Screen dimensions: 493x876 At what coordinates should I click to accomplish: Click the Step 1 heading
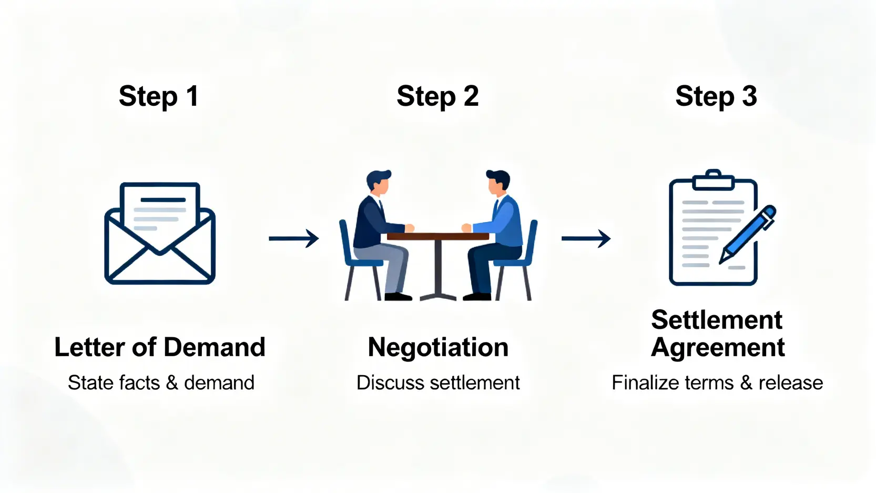pyautogui.click(x=158, y=96)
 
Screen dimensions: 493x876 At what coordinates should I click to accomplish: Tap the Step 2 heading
pyautogui.click(x=437, y=96)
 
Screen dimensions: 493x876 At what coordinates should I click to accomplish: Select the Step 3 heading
pyautogui.click(x=716, y=96)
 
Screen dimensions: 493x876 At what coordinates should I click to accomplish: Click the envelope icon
pyautogui.click(x=160, y=234)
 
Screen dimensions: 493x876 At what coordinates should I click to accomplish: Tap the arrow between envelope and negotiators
pyautogui.click(x=293, y=238)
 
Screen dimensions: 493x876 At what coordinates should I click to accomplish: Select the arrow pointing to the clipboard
pyautogui.click(x=586, y=238)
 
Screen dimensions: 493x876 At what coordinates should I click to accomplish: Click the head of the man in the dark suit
pyautogui.click(x=379, y=182)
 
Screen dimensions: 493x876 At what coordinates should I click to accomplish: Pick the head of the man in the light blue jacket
pyautogui.click(x=497, y=182)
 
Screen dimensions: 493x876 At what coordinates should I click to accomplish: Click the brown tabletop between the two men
pyautogui.click(x=438, y=236)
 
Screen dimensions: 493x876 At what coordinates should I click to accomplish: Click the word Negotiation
pyautogui.click(x=438, y=347)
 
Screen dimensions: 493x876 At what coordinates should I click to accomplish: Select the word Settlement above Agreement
pyautogui.click(x=717, y=320)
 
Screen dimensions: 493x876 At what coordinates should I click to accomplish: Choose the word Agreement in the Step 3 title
pyautogui.click(x=718, y=348)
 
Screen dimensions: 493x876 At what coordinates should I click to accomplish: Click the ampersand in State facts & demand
pyautogui.click(x=172, y=383)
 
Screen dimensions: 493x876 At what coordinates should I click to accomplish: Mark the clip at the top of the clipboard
pyautogui.click(x=713, y=180)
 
